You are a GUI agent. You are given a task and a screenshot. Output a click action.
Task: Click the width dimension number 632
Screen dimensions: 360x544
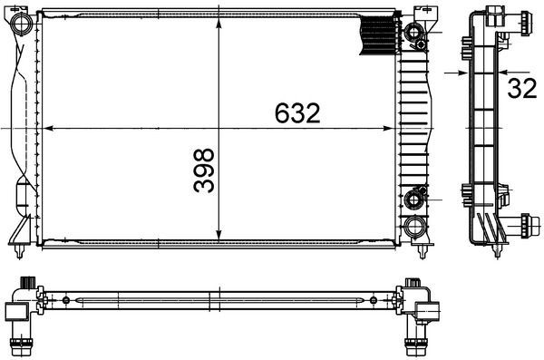pyautogui.click(x=298, y=112)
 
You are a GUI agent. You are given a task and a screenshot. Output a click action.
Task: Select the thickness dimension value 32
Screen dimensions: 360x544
pyautogui.click(x=521, y=87)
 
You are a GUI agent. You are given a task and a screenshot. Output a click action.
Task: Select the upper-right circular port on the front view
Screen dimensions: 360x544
pyautogui.click(x=416, y=34)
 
